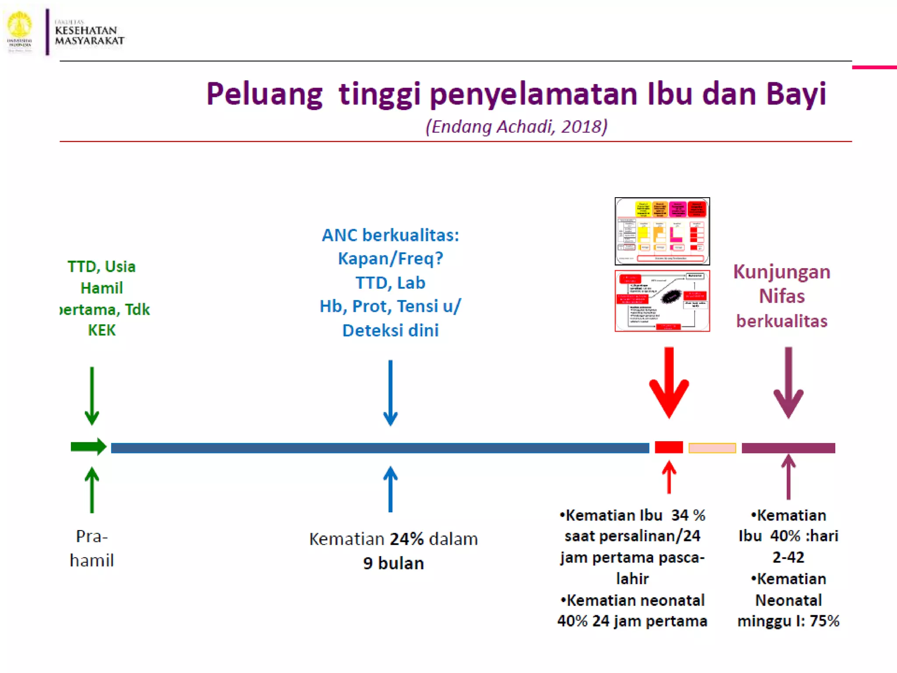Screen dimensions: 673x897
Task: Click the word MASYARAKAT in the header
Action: [89, 41]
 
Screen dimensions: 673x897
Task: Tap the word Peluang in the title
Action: [264, 95]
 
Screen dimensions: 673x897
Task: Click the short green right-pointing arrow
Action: [88, 447]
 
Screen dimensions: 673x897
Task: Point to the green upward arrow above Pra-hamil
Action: [92, 489]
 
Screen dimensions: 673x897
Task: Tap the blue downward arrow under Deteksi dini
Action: [390, 393]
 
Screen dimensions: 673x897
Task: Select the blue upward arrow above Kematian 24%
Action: [390, 489]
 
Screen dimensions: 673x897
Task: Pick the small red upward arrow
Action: [669, 477]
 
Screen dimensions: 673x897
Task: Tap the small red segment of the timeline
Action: [669, 447]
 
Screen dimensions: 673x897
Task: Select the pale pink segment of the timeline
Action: [712, 448]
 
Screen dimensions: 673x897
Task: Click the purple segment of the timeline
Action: [788, 448]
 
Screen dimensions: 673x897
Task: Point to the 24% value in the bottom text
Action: [407, 539]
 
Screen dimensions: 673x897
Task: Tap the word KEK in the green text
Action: [102, 330]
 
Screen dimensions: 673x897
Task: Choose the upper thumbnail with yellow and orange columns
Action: [662, 231]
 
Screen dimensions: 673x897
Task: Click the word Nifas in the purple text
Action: [782, 296]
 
